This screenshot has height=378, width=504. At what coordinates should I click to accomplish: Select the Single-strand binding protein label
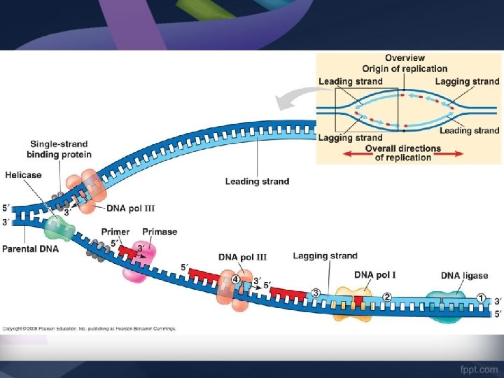pos(59,149)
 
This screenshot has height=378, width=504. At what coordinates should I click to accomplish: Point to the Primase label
pos(160,232)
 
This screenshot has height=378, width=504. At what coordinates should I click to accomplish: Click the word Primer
pos(115,232)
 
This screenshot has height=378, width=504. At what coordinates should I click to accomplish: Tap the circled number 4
pos(237,279)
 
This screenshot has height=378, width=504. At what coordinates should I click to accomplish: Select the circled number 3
pos(316,293)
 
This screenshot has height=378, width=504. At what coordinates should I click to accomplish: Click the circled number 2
pos(386,296)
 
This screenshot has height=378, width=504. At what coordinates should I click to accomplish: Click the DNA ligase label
pos(464,275)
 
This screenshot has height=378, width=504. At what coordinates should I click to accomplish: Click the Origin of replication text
pos(405,69)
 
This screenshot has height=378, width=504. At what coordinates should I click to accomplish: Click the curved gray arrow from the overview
pos(294,100)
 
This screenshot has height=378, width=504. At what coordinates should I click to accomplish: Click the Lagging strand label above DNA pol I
pos(325,256)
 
